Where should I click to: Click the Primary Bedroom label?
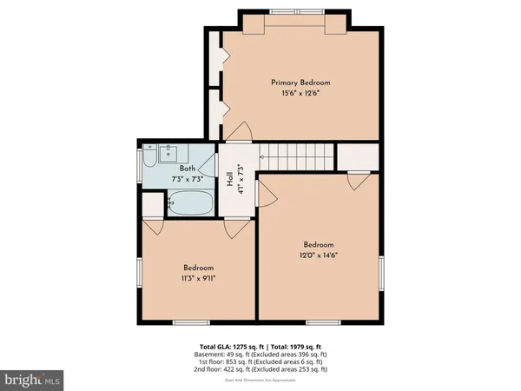click(300, 83)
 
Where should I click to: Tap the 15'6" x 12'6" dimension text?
click(300, 94)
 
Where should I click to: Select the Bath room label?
click(188, 169)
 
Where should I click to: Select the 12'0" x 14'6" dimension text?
click(318, 255)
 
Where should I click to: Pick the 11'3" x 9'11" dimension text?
click(198, 280)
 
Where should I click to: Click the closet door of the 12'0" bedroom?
click(357, 181)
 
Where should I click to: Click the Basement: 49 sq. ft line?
click(260, 354)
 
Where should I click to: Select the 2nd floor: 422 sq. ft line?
click(260, 369)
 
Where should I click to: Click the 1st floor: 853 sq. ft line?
click(260, 361)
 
